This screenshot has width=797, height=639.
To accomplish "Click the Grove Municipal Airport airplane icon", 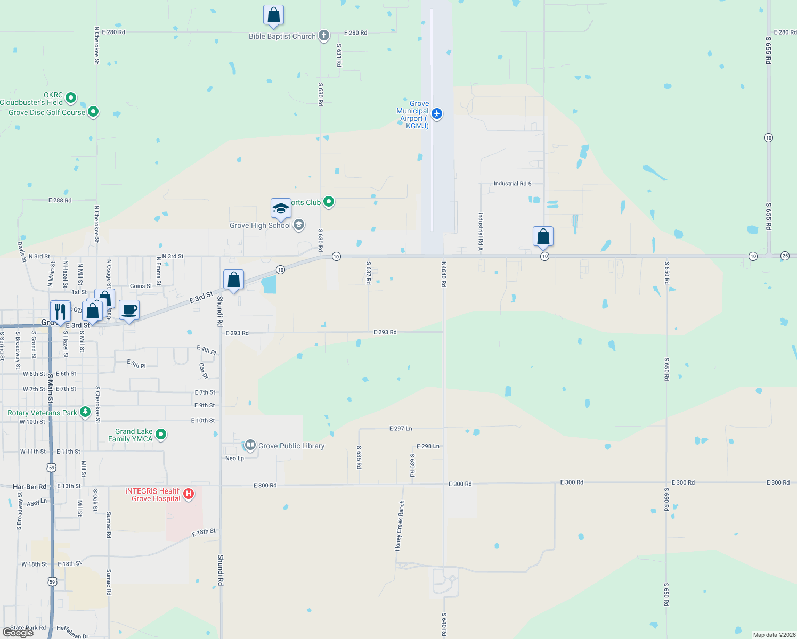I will pos(437,113).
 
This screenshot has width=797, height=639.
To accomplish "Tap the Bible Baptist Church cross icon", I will pos(323,36).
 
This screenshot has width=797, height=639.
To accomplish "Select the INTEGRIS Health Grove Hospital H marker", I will pos(188,495).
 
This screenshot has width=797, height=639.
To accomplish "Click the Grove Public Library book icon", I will pos(249,445).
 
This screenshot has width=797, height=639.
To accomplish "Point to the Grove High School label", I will pos(260,225).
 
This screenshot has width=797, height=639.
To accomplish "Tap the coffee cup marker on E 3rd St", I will pos(129,310).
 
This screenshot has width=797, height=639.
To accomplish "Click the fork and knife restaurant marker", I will pos(60,311).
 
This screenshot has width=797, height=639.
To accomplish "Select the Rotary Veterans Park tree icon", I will pos(85,412).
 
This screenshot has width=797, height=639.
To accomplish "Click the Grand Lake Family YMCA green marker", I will pos(161,435).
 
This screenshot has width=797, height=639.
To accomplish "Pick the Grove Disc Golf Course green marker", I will pos(93,112).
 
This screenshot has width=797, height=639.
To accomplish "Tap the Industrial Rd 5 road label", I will pos(513,184).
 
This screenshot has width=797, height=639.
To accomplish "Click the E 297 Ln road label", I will pos(401,428).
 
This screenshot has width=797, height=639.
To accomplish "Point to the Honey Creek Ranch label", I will pos(400,525).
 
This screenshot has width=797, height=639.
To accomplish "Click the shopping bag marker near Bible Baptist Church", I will pos(273,15).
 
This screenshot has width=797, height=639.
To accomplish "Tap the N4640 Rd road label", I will pos(443,274).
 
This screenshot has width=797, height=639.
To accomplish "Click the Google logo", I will pos(18,632).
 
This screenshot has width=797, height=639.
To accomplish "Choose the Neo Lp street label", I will pos(234,458).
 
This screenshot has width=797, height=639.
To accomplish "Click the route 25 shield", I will pos(785,256).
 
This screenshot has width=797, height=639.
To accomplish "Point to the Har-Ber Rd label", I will pos(30,487).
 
